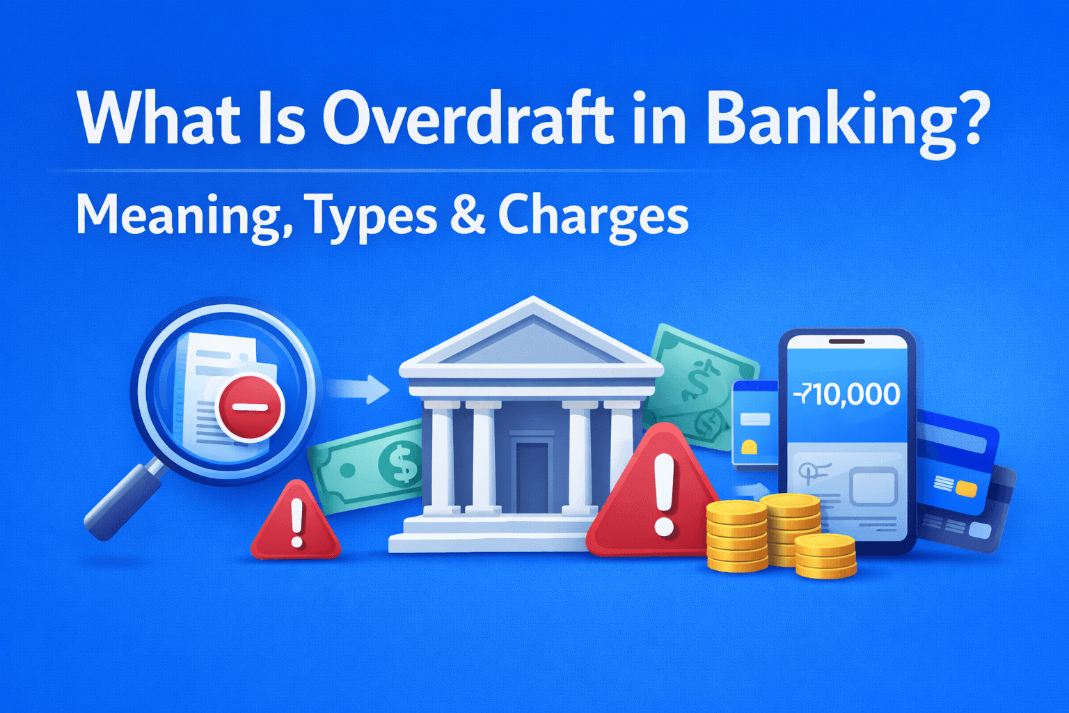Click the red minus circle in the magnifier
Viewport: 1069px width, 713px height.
pos(250,407)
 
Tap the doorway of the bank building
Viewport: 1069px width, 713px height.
pos(532,473)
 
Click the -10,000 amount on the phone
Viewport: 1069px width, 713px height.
pos(846,395)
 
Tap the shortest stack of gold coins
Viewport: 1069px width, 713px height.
pos(825,556)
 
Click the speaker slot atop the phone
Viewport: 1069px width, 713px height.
pos(846,342)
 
